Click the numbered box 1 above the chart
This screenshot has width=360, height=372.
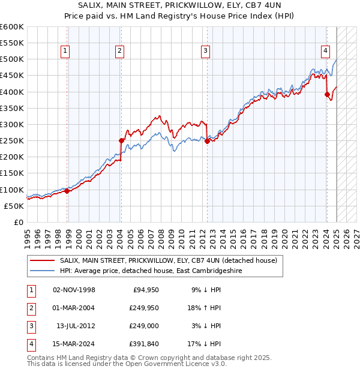click(64, 51)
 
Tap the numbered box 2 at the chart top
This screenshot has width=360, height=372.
click(120, 51)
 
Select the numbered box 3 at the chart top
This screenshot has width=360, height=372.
click(205, 51)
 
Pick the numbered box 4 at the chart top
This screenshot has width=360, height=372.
click(325, 51)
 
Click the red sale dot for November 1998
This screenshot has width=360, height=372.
click(67, 191)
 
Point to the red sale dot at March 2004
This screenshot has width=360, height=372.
click(121, 140)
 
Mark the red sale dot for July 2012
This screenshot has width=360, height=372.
click(207, 142)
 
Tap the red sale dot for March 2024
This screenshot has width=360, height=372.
click(327, 94)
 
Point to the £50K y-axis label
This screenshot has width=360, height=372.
click(14, 206)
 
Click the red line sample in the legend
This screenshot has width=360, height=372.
click(43, 261)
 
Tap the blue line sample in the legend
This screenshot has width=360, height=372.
click(43, 271)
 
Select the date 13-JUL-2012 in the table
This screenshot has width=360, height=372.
click(74, 326)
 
